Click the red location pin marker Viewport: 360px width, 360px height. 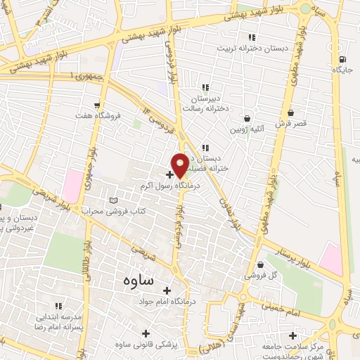pyautogui.click(x=180, y=165)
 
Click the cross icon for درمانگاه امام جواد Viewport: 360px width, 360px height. pyautogui.click(x=167, y=290)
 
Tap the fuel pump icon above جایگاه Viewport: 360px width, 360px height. pyautogui.click(x=342, y=59)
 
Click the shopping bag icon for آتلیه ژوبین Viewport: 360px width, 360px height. pyautogui.click(x=247, y=118)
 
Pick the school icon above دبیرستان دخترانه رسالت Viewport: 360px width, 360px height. pyautogui.click(x=205, y=88)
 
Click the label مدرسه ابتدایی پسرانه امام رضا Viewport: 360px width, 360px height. pyautogui.click(x=58, y=323)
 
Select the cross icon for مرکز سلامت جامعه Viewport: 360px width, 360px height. pyautogui.click(x=292, y=335)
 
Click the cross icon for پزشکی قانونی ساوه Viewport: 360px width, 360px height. pyautogui.click(x=146, y=333)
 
